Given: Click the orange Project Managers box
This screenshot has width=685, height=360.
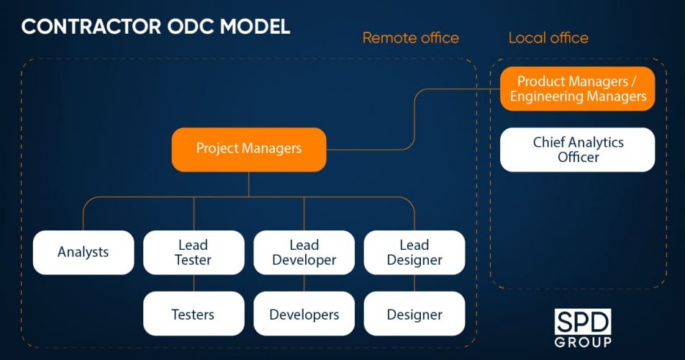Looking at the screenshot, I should [x=248, y=149].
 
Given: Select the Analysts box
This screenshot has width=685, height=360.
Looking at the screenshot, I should [x=83, y=252].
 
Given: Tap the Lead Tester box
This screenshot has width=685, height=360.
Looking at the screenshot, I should [x=194, y=252].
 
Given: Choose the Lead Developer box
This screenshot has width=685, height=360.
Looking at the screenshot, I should [x=304, y=252].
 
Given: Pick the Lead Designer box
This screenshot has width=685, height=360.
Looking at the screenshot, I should [x=414, y=252].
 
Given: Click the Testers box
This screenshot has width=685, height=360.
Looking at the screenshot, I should [x=194, y=314].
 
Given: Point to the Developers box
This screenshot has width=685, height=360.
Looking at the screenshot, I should [x=304, y=314].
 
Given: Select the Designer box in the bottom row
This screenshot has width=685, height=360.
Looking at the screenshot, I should [x=414, y=314].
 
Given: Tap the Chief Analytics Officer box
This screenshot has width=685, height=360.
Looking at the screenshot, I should [x=578, y=149].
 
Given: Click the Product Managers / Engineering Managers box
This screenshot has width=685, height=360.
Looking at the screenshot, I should [x=578, y=89].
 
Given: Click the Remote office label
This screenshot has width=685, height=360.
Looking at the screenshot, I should [x=410, y=37].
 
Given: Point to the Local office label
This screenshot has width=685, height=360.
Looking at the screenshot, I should [x=548, y=37].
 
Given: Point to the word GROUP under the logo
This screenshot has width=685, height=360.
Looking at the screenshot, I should [x=583, y=341].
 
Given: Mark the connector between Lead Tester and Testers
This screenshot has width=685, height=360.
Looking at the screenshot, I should [x=194, y=283].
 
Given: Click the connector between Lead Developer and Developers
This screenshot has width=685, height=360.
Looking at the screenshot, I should [x=304, y=283].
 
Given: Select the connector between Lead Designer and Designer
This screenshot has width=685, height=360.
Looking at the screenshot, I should [x=414, y=283].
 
